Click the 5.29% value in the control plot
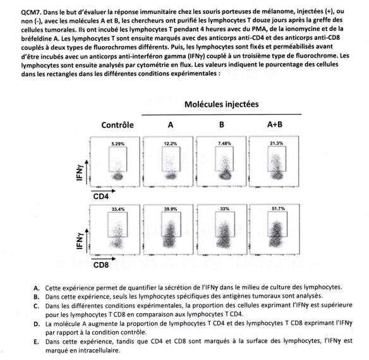[x=118, y=143]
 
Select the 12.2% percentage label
[x=171, y=143]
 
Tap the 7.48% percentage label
[x=224, y=143]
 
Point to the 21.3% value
[x=277, y=143]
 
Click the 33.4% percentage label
[x=118, y=209]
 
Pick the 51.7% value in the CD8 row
[x=278, y=208]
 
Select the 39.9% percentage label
[x=171, y=208]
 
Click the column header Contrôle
[x=118, y=124]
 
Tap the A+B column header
[x=275, y=124]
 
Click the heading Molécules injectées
[x=221, y=104]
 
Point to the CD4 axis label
[x=100, y=196]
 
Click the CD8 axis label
[x=100, y=265]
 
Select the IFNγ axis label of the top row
[x=80, y=173]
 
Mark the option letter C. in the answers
[x=36, y=306]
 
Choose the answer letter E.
[x=36, y=342]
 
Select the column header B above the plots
[x=221, y=124]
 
